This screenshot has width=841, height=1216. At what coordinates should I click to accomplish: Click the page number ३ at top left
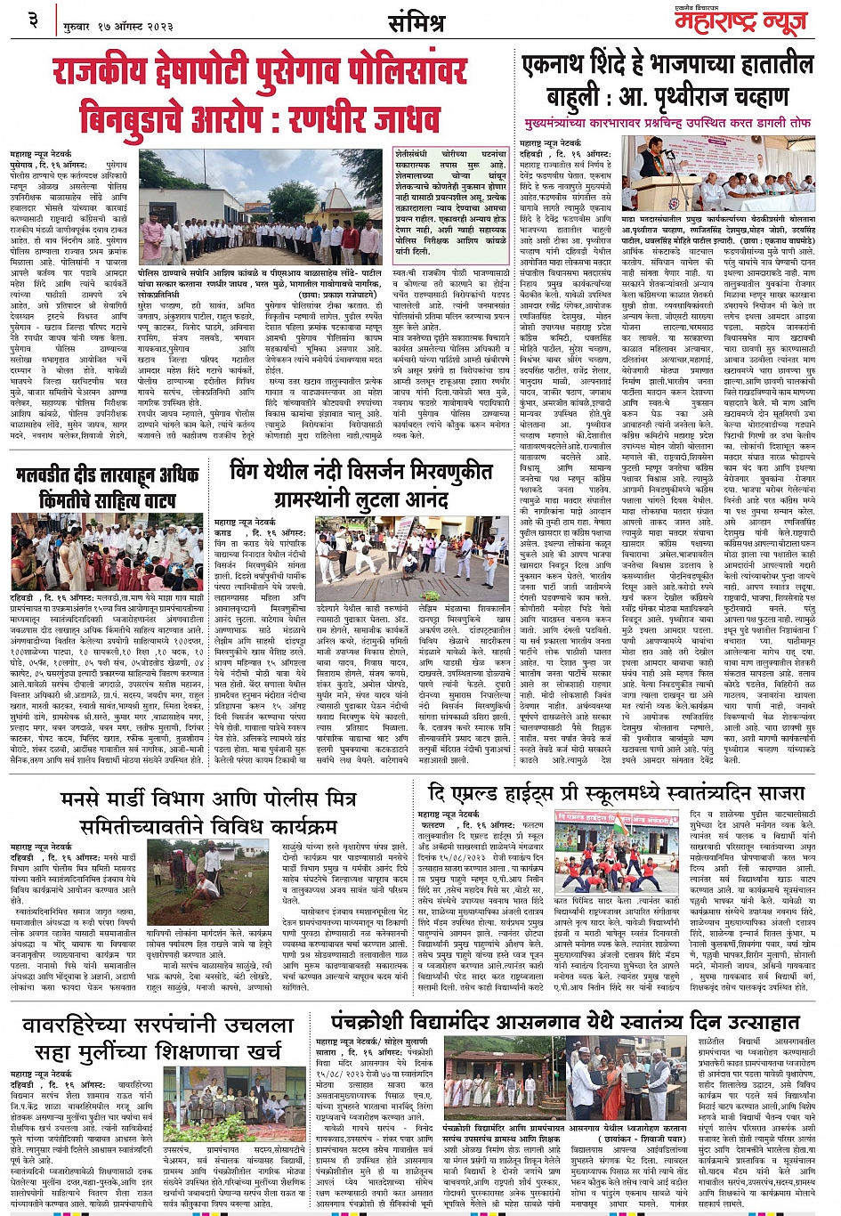pos(34,19)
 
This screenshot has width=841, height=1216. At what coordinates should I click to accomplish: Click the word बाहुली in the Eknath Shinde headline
pos(569,97)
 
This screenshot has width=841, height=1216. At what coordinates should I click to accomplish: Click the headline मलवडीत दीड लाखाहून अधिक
pos(107,475)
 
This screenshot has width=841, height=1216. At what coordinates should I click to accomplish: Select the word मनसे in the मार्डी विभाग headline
pos(87,799)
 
